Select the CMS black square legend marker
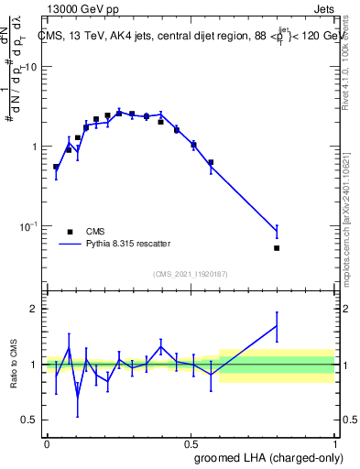tap(70, 233)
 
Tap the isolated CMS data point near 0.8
tap(277, 247)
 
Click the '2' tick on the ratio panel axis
tap(36, 309)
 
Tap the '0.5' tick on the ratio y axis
tap(32, 420)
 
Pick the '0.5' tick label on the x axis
tap(191, 443)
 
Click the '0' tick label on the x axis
tap(47, 443)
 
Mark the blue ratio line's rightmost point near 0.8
tap(277, 325)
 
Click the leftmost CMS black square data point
tap(56, 168)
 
